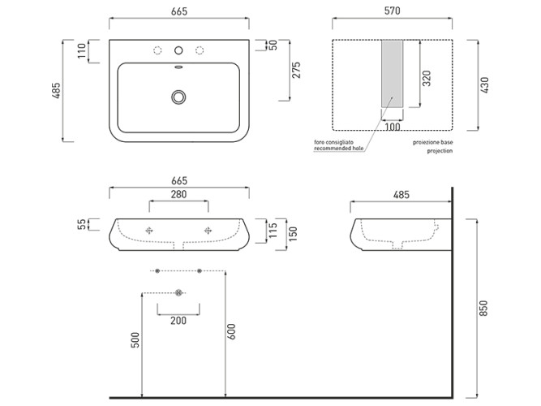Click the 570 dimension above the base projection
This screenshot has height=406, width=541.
tap(393, 11)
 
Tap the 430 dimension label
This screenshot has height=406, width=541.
tap(485, 85)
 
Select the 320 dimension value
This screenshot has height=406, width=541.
tap(427, 79)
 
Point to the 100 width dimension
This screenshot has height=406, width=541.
tap(393, 127)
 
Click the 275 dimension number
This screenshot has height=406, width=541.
tap(296, 70)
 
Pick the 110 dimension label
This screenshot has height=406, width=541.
tap(82, 51)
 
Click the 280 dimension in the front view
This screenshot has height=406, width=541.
tap(178, 195)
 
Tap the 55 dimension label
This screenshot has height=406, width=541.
tap(82, 224)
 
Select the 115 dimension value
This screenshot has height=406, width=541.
tap(273, 231)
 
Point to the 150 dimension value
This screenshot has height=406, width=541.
tap(292, 234)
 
